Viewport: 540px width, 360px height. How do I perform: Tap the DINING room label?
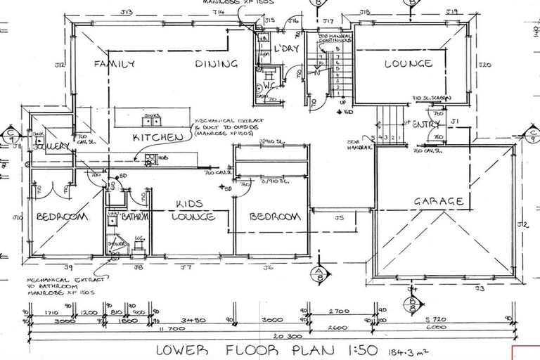[x=216, y=64]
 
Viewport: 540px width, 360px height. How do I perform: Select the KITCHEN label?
[x=158, y=137]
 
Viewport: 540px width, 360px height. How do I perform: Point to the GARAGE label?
[x=438, y=202]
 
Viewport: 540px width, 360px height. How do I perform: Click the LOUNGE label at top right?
[x=408, y=64]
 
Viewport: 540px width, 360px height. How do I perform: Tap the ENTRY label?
[x=425, y=124]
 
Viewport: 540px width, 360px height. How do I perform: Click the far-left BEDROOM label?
[x=61, y=217]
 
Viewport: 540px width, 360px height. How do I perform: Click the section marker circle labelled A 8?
[x=320, y=274]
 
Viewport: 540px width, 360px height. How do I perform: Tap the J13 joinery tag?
[x=127, y=13]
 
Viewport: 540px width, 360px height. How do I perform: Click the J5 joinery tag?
[x=339, y=218]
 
